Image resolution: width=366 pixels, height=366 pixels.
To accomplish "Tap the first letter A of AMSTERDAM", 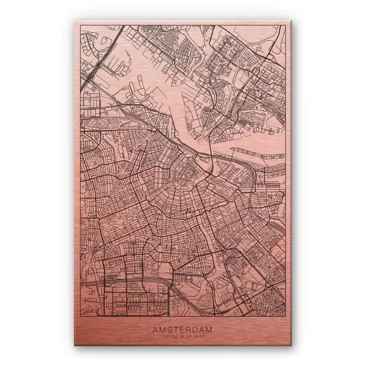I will pyautogui.click(x=155, y=329).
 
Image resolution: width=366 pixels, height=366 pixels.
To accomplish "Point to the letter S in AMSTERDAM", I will pyautogui.click(x=168, y=329).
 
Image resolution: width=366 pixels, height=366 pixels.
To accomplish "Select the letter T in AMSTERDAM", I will pyautogui.click(x=174, y=329).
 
